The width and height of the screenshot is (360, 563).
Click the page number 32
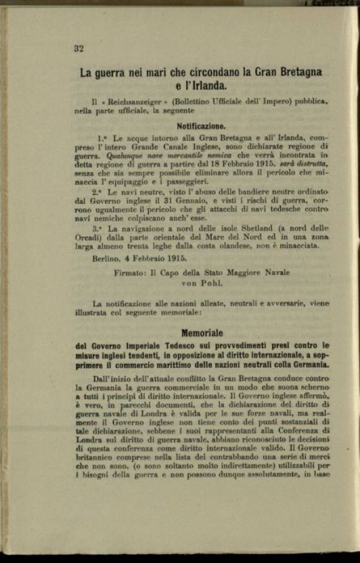[x=79, y=48]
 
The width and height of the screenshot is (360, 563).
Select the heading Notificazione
[x=201, y=126]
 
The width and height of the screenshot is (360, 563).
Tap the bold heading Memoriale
[x=202, y=333]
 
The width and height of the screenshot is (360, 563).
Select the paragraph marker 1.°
[x=103, y=137]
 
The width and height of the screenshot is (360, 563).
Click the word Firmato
[x=131, y=272]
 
